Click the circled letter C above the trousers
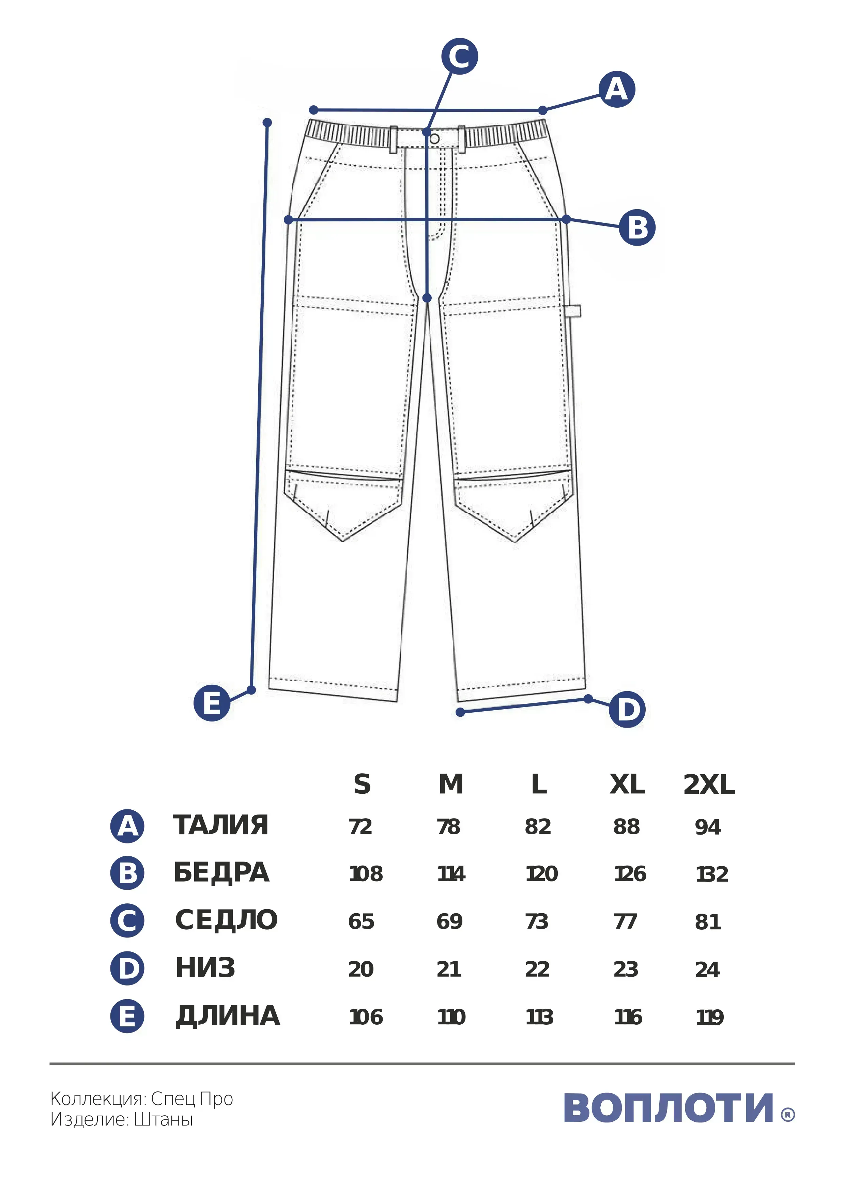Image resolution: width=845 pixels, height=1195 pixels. (x=460, y=56)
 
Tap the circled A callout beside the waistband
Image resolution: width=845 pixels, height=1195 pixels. (x=617, y=90)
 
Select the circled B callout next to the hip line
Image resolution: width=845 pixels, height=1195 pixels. (x=637, y=228)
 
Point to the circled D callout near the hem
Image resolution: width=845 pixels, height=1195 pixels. (x=627, y=709)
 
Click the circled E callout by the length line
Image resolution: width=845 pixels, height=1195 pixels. (x=212, y=703)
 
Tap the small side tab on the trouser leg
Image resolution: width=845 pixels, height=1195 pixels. (x=573, y=311)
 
